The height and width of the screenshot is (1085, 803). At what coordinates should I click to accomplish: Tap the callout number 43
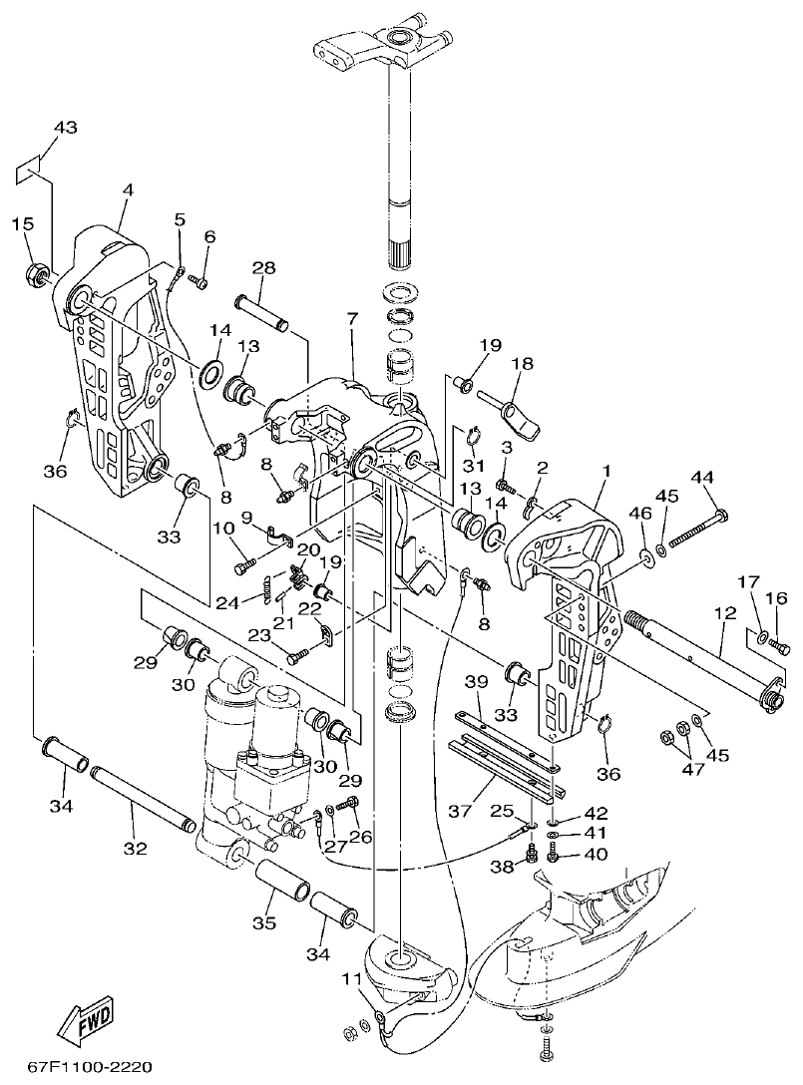tap(65, 128)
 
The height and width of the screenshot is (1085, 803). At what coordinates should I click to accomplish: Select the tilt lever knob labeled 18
tap(517, 409)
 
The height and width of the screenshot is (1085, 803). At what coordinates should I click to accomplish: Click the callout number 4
tap(127, 189)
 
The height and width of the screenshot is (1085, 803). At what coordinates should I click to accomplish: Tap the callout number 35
tap(263, 923)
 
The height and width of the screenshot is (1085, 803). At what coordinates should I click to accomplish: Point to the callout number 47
tap(690, 769)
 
